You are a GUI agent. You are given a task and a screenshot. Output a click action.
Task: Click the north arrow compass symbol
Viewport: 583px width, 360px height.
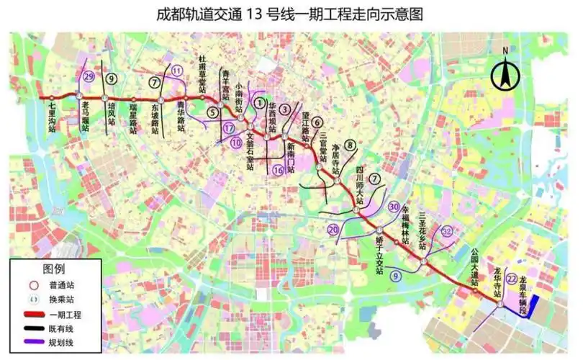[x=505, y=72]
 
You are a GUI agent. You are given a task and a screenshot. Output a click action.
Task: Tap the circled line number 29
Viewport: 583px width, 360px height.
[x=89, y=77]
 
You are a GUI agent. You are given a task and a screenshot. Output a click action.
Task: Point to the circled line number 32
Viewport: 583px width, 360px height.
[x=448, y=231]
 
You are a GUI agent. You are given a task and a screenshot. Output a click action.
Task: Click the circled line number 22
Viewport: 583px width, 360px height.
[x=512, y=279]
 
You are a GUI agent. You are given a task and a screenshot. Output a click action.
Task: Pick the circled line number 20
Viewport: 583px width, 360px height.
[x=333, y=230]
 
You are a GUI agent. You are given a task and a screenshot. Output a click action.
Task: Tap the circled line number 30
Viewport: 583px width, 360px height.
[x=393, y=207]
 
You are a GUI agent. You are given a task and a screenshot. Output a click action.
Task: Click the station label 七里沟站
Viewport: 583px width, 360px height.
[x=52, y=116]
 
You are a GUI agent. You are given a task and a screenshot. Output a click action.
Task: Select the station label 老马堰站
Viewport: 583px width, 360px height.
[x=85, y=117]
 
